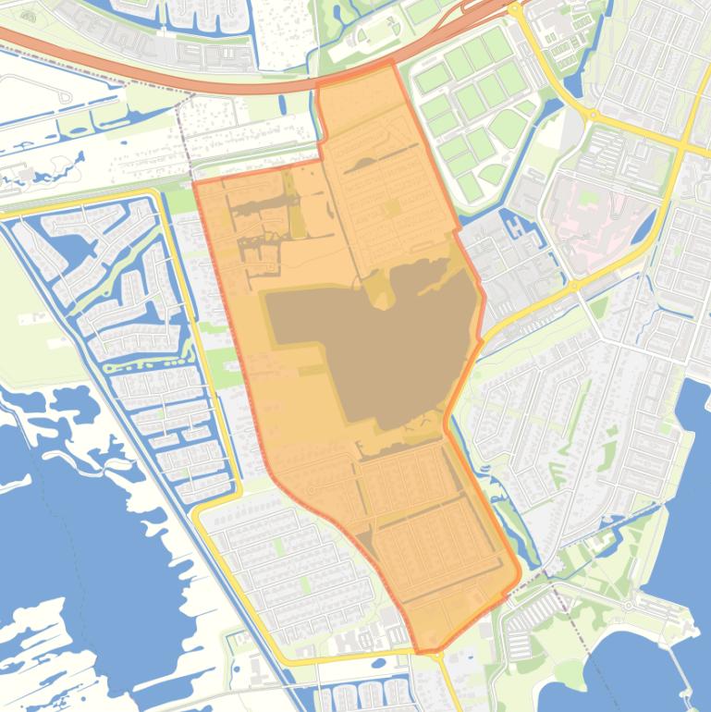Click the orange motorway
[x=185, y=79]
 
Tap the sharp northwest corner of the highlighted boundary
[x=193, y=184]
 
